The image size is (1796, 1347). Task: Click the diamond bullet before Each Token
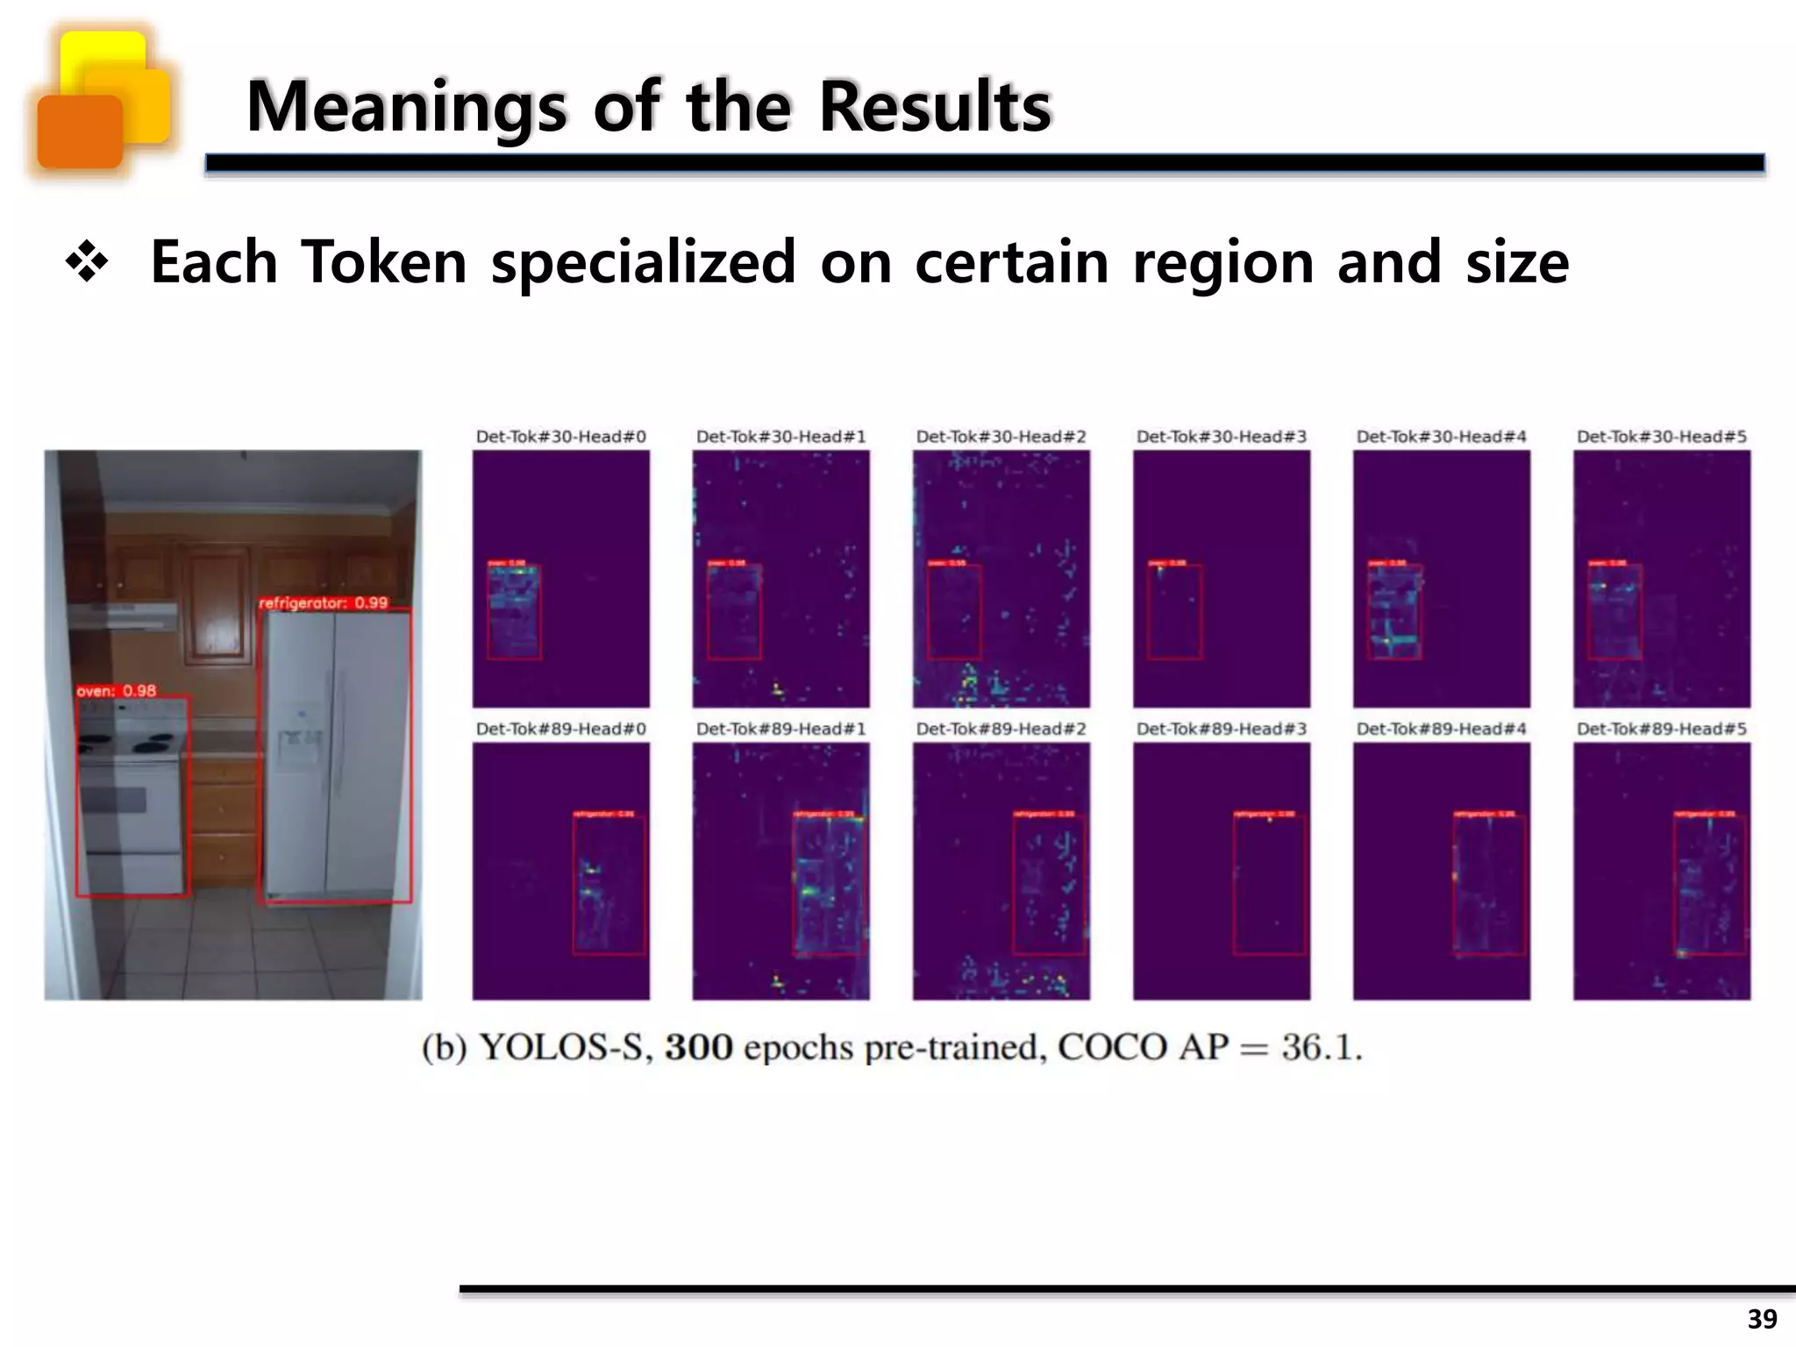point(87,263)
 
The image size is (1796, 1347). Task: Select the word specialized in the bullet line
point(643,262)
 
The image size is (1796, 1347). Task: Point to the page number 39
point(1762,1318)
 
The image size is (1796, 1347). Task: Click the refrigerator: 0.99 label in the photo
point(323,603)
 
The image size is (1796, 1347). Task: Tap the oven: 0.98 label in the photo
point(116,691)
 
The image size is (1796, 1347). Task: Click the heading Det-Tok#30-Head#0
point(560,437)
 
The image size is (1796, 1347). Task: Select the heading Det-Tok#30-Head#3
point(1221,437)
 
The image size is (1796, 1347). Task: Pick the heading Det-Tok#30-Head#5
point(1661,437)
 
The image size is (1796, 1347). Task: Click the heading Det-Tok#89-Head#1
point(780,729)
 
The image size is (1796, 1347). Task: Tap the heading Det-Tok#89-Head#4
point(1441,729)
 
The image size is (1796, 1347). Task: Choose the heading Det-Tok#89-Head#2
point(1001,729)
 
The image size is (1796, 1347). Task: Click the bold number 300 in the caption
point(698,1047)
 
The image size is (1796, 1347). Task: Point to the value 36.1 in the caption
point(1321,1047)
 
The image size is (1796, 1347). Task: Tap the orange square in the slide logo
point(80,132)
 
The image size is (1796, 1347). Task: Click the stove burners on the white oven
point(132,745)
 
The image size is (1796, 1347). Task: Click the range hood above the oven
point(123,616)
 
